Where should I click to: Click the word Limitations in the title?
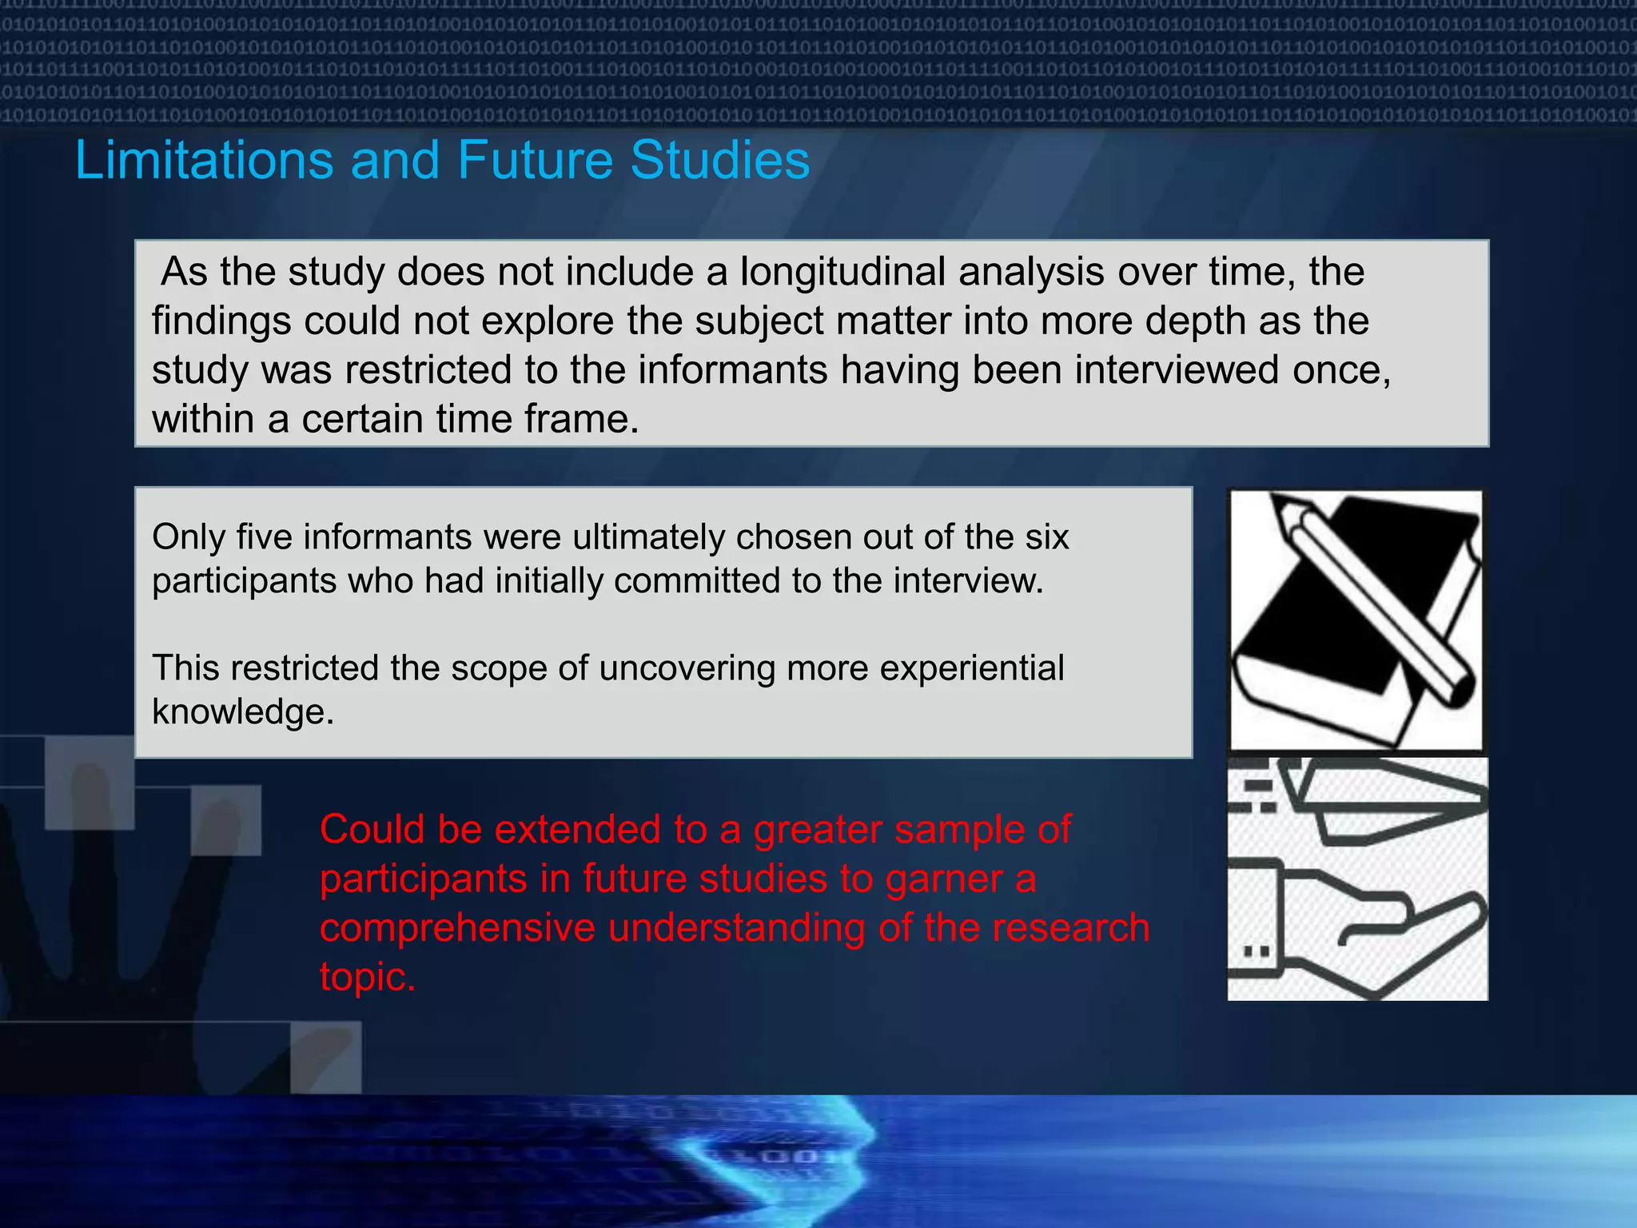(204, 160)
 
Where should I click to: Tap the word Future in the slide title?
(535, 160)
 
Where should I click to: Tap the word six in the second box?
(1046, 537)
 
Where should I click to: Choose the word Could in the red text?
(372, 830)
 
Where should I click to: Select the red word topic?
(366, 977)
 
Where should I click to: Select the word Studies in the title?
(719, 160)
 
